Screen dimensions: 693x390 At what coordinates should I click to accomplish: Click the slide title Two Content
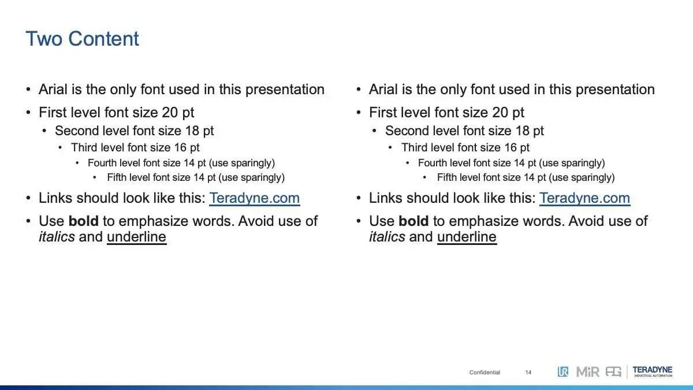point(82,39)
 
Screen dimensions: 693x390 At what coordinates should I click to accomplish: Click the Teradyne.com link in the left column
point(254,198)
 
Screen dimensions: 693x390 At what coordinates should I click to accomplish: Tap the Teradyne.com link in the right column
point(584,198)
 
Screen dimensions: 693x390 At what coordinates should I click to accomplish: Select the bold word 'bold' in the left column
point(84,221)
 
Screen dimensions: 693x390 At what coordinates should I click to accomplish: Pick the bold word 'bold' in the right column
point(413,221)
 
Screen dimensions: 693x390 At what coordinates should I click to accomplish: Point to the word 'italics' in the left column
point(57,237)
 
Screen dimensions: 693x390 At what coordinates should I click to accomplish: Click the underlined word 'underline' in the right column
point(467,237)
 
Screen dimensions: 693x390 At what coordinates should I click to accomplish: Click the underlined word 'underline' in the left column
point(137,237)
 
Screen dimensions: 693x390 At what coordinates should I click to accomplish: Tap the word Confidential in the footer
point(485,372)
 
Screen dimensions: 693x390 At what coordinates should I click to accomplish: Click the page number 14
point(528,372)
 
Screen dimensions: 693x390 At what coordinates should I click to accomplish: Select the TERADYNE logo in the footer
point(653,372)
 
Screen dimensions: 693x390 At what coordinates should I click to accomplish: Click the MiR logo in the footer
point(588,372)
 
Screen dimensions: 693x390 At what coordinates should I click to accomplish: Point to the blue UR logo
point(563,372)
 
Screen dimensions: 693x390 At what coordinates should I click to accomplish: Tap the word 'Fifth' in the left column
point(117,177)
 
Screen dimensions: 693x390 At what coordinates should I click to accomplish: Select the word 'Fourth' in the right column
point(432,163)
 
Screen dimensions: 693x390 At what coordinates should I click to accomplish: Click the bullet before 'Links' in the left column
point(28,198)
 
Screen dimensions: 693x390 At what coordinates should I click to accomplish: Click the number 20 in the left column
point(170,112)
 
